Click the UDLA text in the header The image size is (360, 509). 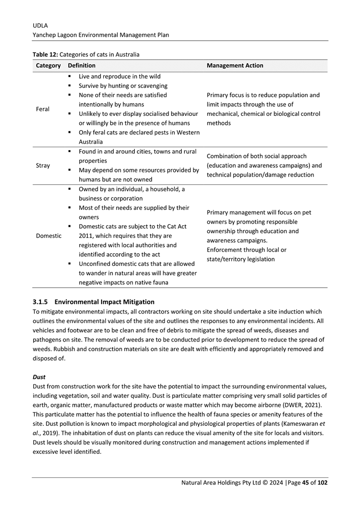(40, 25)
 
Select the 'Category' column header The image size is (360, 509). (49, 66)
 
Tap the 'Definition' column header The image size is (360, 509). (81, 66)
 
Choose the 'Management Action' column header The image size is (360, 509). (235, 66)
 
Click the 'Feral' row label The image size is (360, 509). (43, 109)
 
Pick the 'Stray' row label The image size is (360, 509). (43, 165)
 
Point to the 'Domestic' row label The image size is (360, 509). (49, 236)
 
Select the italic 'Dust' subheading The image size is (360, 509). (39, 377)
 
